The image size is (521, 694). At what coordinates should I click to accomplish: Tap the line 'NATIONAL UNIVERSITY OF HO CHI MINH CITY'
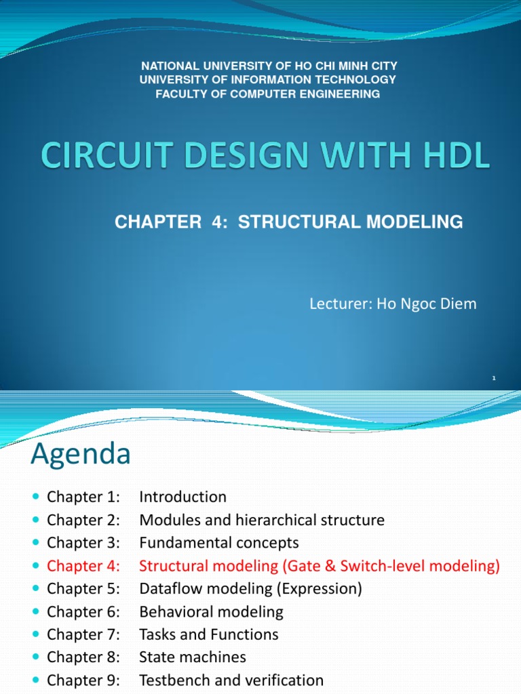click(268, 66)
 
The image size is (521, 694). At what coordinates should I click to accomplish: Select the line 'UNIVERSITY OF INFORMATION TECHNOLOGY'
click(268, 80)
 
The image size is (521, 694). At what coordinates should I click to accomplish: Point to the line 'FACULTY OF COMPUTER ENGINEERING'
click(268, 94)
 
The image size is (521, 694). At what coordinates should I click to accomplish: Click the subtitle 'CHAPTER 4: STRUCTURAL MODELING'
click(289, 222)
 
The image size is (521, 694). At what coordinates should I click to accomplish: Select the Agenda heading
click(80, 454)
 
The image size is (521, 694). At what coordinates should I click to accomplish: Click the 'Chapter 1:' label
click(83, 497)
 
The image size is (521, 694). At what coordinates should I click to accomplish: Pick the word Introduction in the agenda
click(182, 497)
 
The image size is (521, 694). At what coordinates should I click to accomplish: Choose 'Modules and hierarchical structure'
click(262, 520)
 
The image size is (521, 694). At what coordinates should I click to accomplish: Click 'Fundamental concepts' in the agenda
click(218, 543)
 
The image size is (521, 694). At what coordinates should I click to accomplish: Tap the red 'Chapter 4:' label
click(83, 566)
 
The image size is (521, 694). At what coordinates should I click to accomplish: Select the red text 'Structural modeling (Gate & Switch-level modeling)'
click(320, 566)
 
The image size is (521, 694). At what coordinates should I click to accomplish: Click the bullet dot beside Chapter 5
click(36, 590)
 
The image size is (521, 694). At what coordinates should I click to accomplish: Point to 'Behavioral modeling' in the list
click(211, 612)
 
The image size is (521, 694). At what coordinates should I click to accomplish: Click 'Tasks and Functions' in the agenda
click(209, 635)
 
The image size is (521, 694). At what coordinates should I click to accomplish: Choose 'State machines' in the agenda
click(193, 657)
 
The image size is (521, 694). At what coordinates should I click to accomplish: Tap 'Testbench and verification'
click(231, 680)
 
